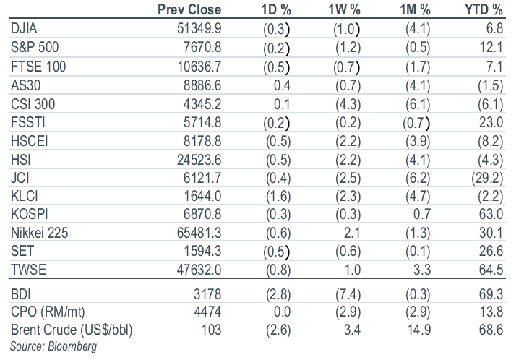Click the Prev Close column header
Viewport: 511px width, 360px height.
189,9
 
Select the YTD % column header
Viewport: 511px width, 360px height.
484,10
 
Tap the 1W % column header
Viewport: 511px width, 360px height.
344,10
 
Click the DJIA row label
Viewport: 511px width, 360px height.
24,28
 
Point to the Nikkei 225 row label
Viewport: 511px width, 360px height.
40,233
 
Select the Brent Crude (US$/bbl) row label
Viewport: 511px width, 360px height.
72,330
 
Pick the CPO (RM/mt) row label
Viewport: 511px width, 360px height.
48,312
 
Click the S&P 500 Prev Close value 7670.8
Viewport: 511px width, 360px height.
202,47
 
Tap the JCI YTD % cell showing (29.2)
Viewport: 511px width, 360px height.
487,178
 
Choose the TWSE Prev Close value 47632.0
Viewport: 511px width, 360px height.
199,270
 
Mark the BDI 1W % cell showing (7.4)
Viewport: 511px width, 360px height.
348,294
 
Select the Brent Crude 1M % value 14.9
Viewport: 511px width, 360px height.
419,330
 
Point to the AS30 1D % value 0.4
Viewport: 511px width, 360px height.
282,85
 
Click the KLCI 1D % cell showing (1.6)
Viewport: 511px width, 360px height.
278,197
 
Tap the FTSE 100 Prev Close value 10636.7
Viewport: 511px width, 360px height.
199,67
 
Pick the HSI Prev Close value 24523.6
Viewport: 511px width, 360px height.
199,160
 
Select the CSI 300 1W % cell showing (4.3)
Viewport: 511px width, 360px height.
348,104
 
